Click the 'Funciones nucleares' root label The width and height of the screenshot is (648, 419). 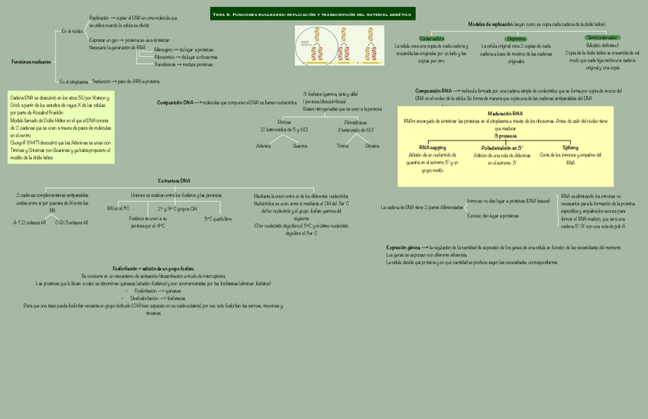click(31, 61)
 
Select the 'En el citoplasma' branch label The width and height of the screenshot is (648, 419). click(73, 81)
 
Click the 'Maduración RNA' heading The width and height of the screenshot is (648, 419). click(505, 113)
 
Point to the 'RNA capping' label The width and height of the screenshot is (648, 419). click(433, 147)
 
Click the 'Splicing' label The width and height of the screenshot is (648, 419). click(570, 147)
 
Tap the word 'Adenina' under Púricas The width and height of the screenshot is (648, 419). click(263, 145)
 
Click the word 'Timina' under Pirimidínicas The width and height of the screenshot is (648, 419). click(342, 145)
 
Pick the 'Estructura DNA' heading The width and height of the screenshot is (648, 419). click(174, 180)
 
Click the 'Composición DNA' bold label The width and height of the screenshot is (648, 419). click(175, 102)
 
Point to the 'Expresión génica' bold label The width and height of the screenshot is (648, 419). click(407, 247)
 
